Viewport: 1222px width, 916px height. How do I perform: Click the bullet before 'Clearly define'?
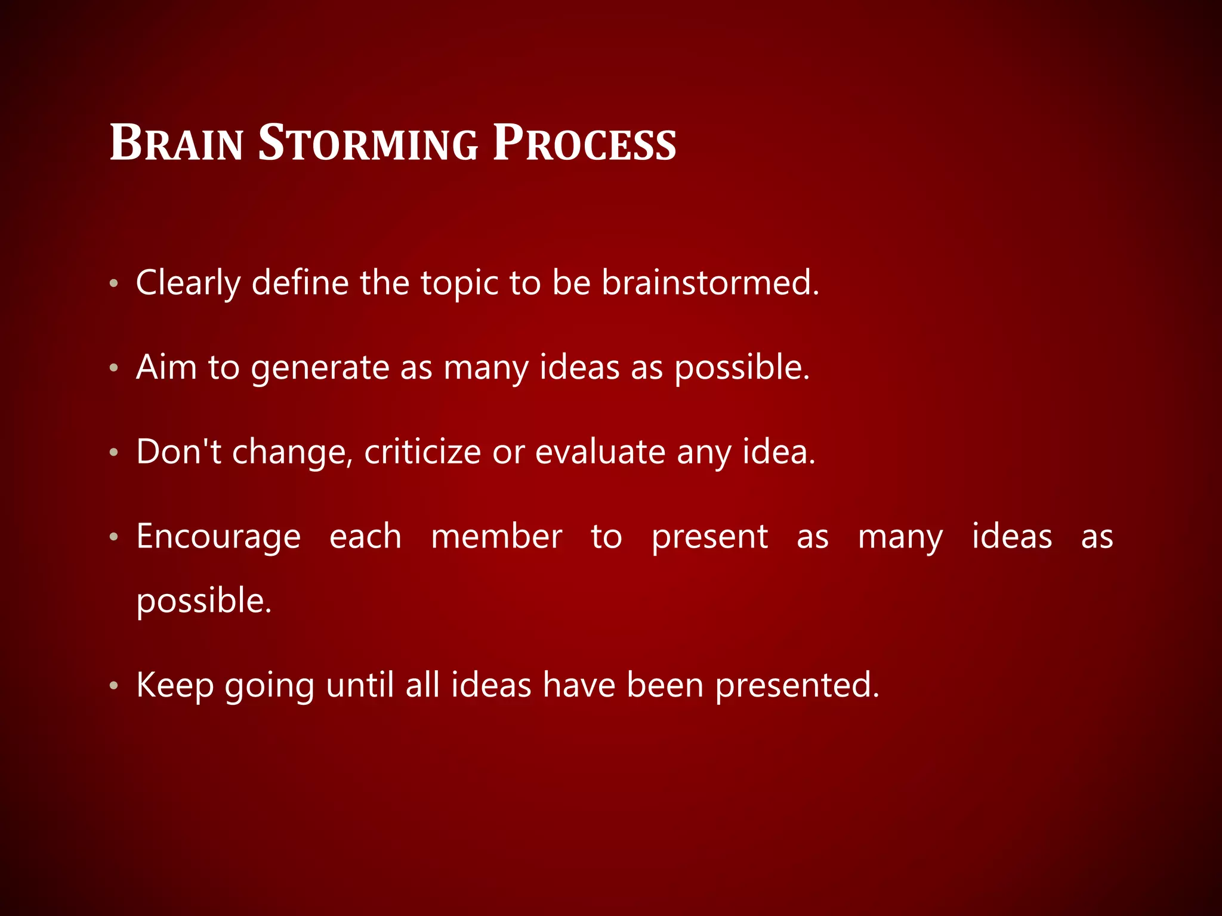pyautogui.click(x=114, y=283)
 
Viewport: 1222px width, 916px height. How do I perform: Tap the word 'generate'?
pyautogui.click(x=320, y=369)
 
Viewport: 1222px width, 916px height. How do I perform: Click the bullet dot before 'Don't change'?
pyautogui.click(x=114, y=453)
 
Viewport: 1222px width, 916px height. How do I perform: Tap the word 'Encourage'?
pyautogui.click(x=218, y=537)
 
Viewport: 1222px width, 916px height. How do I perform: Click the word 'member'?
pyautogui.click(x=496, y=536)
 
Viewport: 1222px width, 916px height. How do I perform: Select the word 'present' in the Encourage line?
pyautogui.click(x=709, y=537)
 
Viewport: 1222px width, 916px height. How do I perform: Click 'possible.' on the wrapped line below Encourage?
pyautogui.click(x=204, y=601)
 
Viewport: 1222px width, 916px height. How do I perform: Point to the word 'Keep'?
pyautogui.click(x=175, y=685)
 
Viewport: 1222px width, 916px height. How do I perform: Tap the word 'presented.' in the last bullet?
pyautogui.click(x=797, y=685)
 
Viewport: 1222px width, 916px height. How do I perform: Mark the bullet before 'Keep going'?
pyautogui.click(x=114, y=686)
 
